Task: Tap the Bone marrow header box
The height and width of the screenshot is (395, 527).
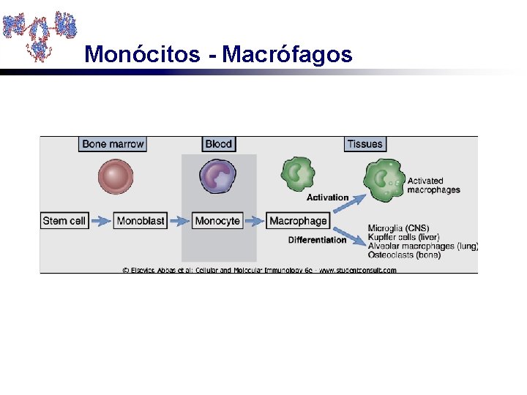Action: (113, 144)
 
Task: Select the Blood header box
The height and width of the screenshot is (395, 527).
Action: (218, 144)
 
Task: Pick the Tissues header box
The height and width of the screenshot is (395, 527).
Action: (365, 144)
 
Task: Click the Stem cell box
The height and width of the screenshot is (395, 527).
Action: (64, 220)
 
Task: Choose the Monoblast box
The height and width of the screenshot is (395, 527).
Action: (140, 220)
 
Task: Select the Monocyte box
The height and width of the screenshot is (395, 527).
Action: (217, 220)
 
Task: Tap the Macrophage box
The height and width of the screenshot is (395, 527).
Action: (298, 220)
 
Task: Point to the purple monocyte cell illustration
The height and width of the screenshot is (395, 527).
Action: (217, 178)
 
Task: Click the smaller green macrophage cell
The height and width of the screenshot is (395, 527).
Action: (298, 175)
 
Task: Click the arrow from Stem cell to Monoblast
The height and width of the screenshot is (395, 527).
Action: (100, 220)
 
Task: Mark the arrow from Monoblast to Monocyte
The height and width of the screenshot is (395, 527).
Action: (179, 220)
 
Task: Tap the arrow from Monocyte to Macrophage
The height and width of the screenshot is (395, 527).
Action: (255, 220)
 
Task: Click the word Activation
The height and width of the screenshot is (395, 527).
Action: (327, 197)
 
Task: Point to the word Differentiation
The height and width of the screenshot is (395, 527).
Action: (317, 240)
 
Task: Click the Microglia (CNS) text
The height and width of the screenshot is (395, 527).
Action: (398, 228)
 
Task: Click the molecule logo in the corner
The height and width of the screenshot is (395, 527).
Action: (40, 34)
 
